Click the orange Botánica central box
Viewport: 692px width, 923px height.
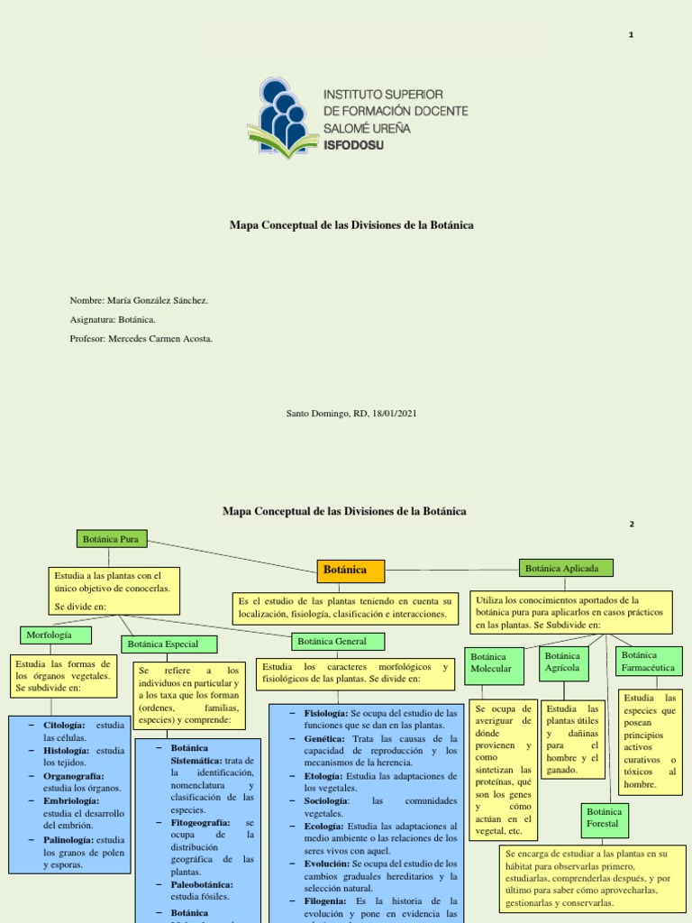click(351, 571)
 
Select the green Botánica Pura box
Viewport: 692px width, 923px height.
click(113, 539)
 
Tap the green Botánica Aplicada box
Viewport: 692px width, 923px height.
click(567, 568)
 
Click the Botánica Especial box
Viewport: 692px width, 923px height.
click(159, 644)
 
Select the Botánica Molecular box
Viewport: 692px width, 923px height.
click(492, 663)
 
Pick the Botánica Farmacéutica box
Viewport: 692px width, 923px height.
click(649, 662)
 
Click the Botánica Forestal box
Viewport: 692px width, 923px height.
click(604, 818)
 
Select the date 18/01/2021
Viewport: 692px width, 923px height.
click(390, 413)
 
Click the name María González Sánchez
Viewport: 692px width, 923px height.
click(157, 300)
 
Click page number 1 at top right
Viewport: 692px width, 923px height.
click(631, 35)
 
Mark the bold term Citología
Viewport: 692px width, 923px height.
click(64, 725)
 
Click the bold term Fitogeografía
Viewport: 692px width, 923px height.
click(201, 823)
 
